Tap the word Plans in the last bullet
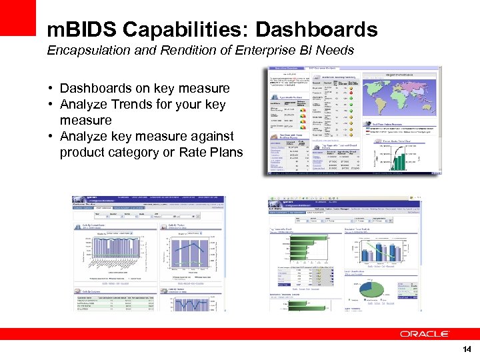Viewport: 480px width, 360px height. [x=227, y=153]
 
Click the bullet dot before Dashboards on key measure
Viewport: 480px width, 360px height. [x=51, y=89]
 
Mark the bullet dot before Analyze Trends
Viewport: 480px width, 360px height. [x=51, y=105]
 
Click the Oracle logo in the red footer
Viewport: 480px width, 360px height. [x=425, y=333]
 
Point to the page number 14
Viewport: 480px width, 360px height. [x=466, y=349]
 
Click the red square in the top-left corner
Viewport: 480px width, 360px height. [x=17, y=17]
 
